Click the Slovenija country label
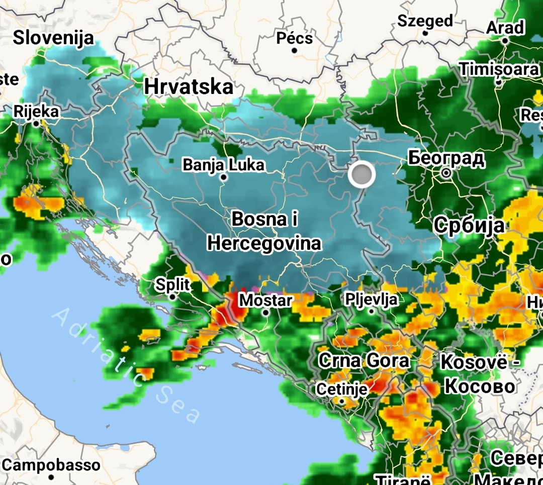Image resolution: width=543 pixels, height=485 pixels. tap(53, 38)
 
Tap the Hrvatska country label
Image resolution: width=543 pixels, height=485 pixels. tap(189, 86)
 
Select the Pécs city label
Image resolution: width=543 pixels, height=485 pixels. tap(295, 38)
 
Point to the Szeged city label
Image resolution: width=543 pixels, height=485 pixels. tap(425, 21)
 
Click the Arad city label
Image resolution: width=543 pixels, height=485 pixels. tap(505, 28)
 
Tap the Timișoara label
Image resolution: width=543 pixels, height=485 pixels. tap(499, 69)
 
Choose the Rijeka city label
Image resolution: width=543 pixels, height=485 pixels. tap(36, 112)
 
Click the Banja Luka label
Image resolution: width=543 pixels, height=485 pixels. tap(223, 164)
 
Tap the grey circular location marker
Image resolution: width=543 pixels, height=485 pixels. tap(361, 175)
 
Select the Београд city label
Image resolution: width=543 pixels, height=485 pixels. tap(446, 158)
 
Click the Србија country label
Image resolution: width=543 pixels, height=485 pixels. tap(469, 225)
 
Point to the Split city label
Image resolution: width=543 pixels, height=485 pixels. tap(172, 285)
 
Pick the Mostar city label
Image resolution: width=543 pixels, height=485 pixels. tap(265, 301)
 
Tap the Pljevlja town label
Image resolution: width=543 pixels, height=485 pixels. tap(372, 300)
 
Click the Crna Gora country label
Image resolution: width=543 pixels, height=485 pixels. tap(365, 360)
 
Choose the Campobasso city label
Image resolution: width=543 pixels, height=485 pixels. tap(51, 464)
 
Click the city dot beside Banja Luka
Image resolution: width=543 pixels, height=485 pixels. tap(224, 177)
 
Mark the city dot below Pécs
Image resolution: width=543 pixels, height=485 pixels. tap(295, 51)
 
